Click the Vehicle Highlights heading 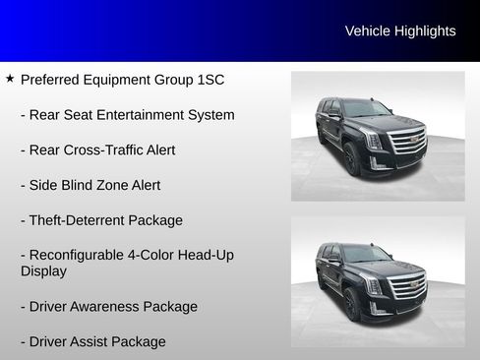pyautogui.click(x=399, y=31)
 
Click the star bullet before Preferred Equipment pyautogui.click(x=10, y=78)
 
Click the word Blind pyautogui.click(x=82, y=185)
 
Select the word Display pyautogui.click(x=43, y=270)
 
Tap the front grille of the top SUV pyautogui.click(x=409, y=142)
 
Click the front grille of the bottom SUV pyautogui.click(x=407, y=286)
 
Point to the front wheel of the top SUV pyautogui.click(x=351, y=159)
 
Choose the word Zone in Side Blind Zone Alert pyautogui.click(x=120, y=185)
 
